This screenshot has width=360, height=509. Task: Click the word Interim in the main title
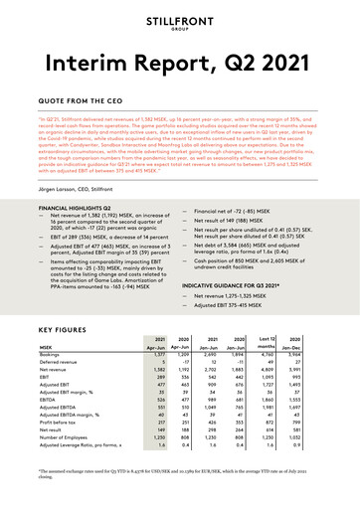coord(84,66)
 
